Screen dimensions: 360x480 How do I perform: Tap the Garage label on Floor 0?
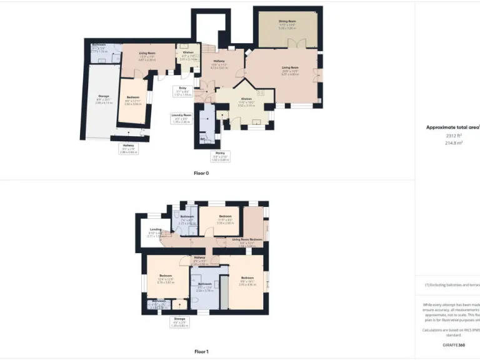click(104, 96)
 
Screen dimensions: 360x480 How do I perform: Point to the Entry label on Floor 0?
click(183, 90)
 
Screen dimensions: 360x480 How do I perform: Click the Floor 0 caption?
click(201, 173)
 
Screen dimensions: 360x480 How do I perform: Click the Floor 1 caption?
click(201, 352)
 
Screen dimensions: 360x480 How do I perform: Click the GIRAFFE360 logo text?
click(452, 344)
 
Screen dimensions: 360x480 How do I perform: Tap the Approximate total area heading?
click(452, 127)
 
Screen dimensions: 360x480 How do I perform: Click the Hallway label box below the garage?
click(128, 149)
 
